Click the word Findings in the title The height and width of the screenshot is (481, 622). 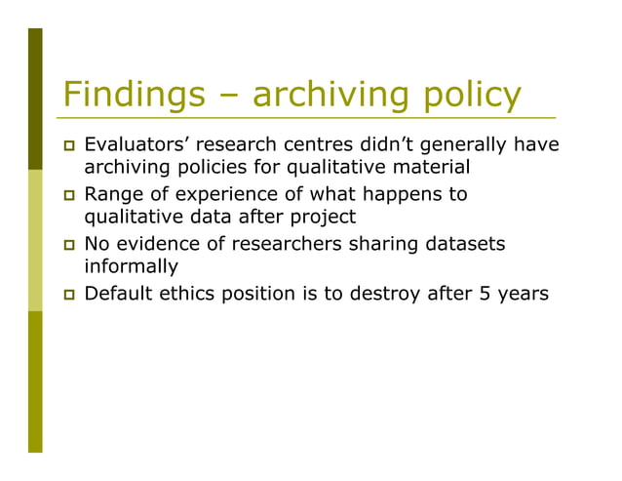point(133,95)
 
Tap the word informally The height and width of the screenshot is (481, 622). point(132,265)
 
